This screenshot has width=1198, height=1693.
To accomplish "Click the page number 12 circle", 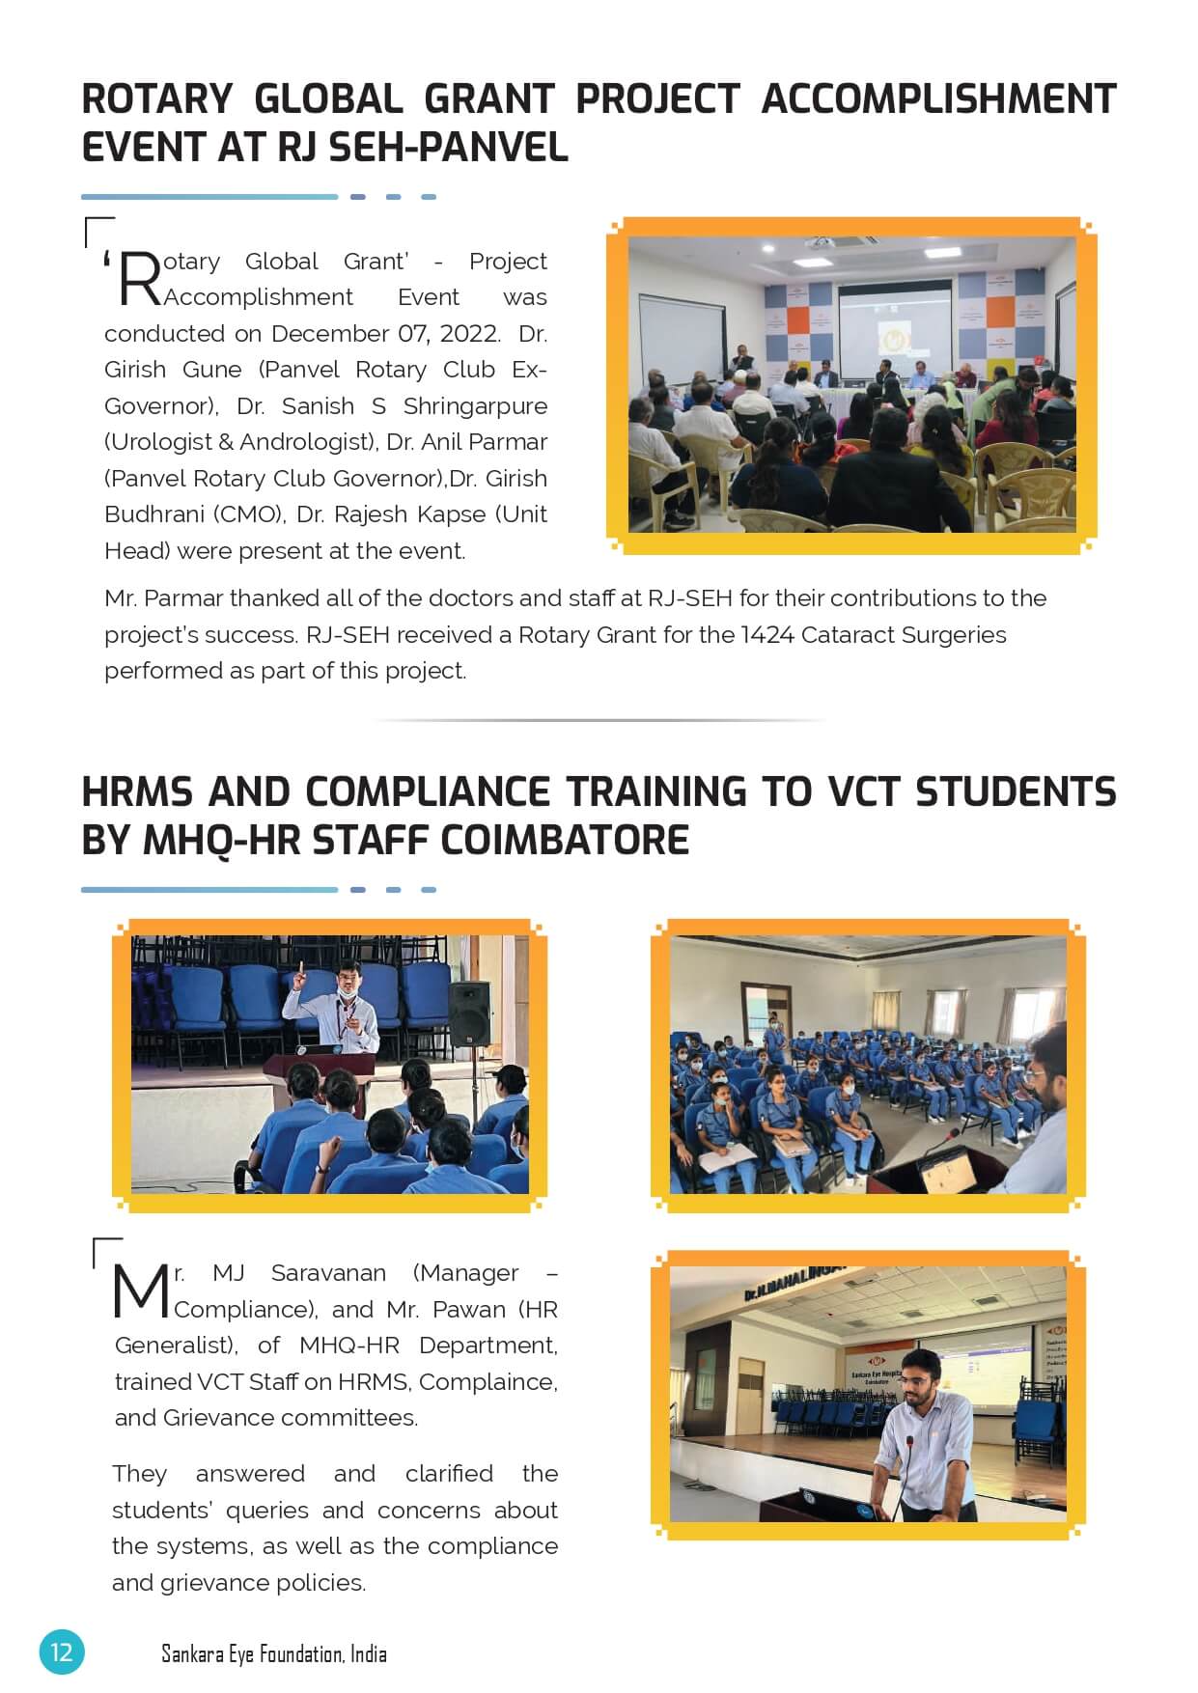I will pos(62,1651).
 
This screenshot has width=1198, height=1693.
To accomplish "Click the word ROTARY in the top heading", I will pos(156,99).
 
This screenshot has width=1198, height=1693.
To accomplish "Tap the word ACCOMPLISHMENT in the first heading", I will pos(937,99).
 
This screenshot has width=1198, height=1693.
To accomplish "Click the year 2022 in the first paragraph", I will pos(469,333).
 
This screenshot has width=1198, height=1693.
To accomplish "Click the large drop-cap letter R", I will pos(140,279).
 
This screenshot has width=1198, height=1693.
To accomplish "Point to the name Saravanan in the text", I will pos(328,1273).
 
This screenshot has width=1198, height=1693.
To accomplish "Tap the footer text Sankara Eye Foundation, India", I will pos(273,1653).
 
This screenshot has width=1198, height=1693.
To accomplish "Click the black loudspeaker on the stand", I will pos(470,1013).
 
